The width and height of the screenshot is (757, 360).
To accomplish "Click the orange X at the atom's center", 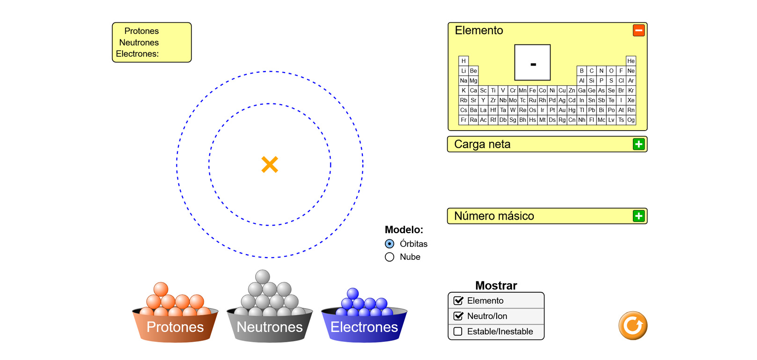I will click(270, 164).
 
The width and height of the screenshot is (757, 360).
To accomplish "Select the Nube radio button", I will click(390, 257).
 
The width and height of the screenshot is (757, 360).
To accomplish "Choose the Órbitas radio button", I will click(390, 244).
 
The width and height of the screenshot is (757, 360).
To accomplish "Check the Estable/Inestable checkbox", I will click(458, 331).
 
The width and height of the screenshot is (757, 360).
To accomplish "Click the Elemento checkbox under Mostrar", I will click(458, 301).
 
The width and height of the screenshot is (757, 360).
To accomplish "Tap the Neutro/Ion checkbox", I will click(458, 316).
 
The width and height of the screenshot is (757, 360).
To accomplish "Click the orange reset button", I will click(632, 325).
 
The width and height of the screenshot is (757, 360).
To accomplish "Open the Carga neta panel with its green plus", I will click(639, 144).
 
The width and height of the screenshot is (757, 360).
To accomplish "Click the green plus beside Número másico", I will click(639, 216).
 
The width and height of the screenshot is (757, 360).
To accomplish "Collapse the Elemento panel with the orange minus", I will click(639, 30).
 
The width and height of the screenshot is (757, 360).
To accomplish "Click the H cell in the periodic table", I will click(463, 61).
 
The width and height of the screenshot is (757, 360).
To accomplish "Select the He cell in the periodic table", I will click(631, 61).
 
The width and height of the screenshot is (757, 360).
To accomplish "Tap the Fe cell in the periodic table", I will click(532, 90).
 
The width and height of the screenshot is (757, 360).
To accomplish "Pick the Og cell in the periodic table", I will click(631, 120).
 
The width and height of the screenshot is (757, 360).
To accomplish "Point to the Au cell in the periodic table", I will click(562, 110).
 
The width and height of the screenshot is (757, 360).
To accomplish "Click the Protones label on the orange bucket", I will click(175, 327).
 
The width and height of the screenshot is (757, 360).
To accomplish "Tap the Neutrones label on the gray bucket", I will click(270, 327).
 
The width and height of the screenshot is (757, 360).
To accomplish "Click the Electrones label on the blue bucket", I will click(364, 327).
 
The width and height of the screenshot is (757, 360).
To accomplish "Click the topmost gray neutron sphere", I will click(263, 277).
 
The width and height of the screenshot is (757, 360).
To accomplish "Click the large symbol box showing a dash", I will click(532, 63).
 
